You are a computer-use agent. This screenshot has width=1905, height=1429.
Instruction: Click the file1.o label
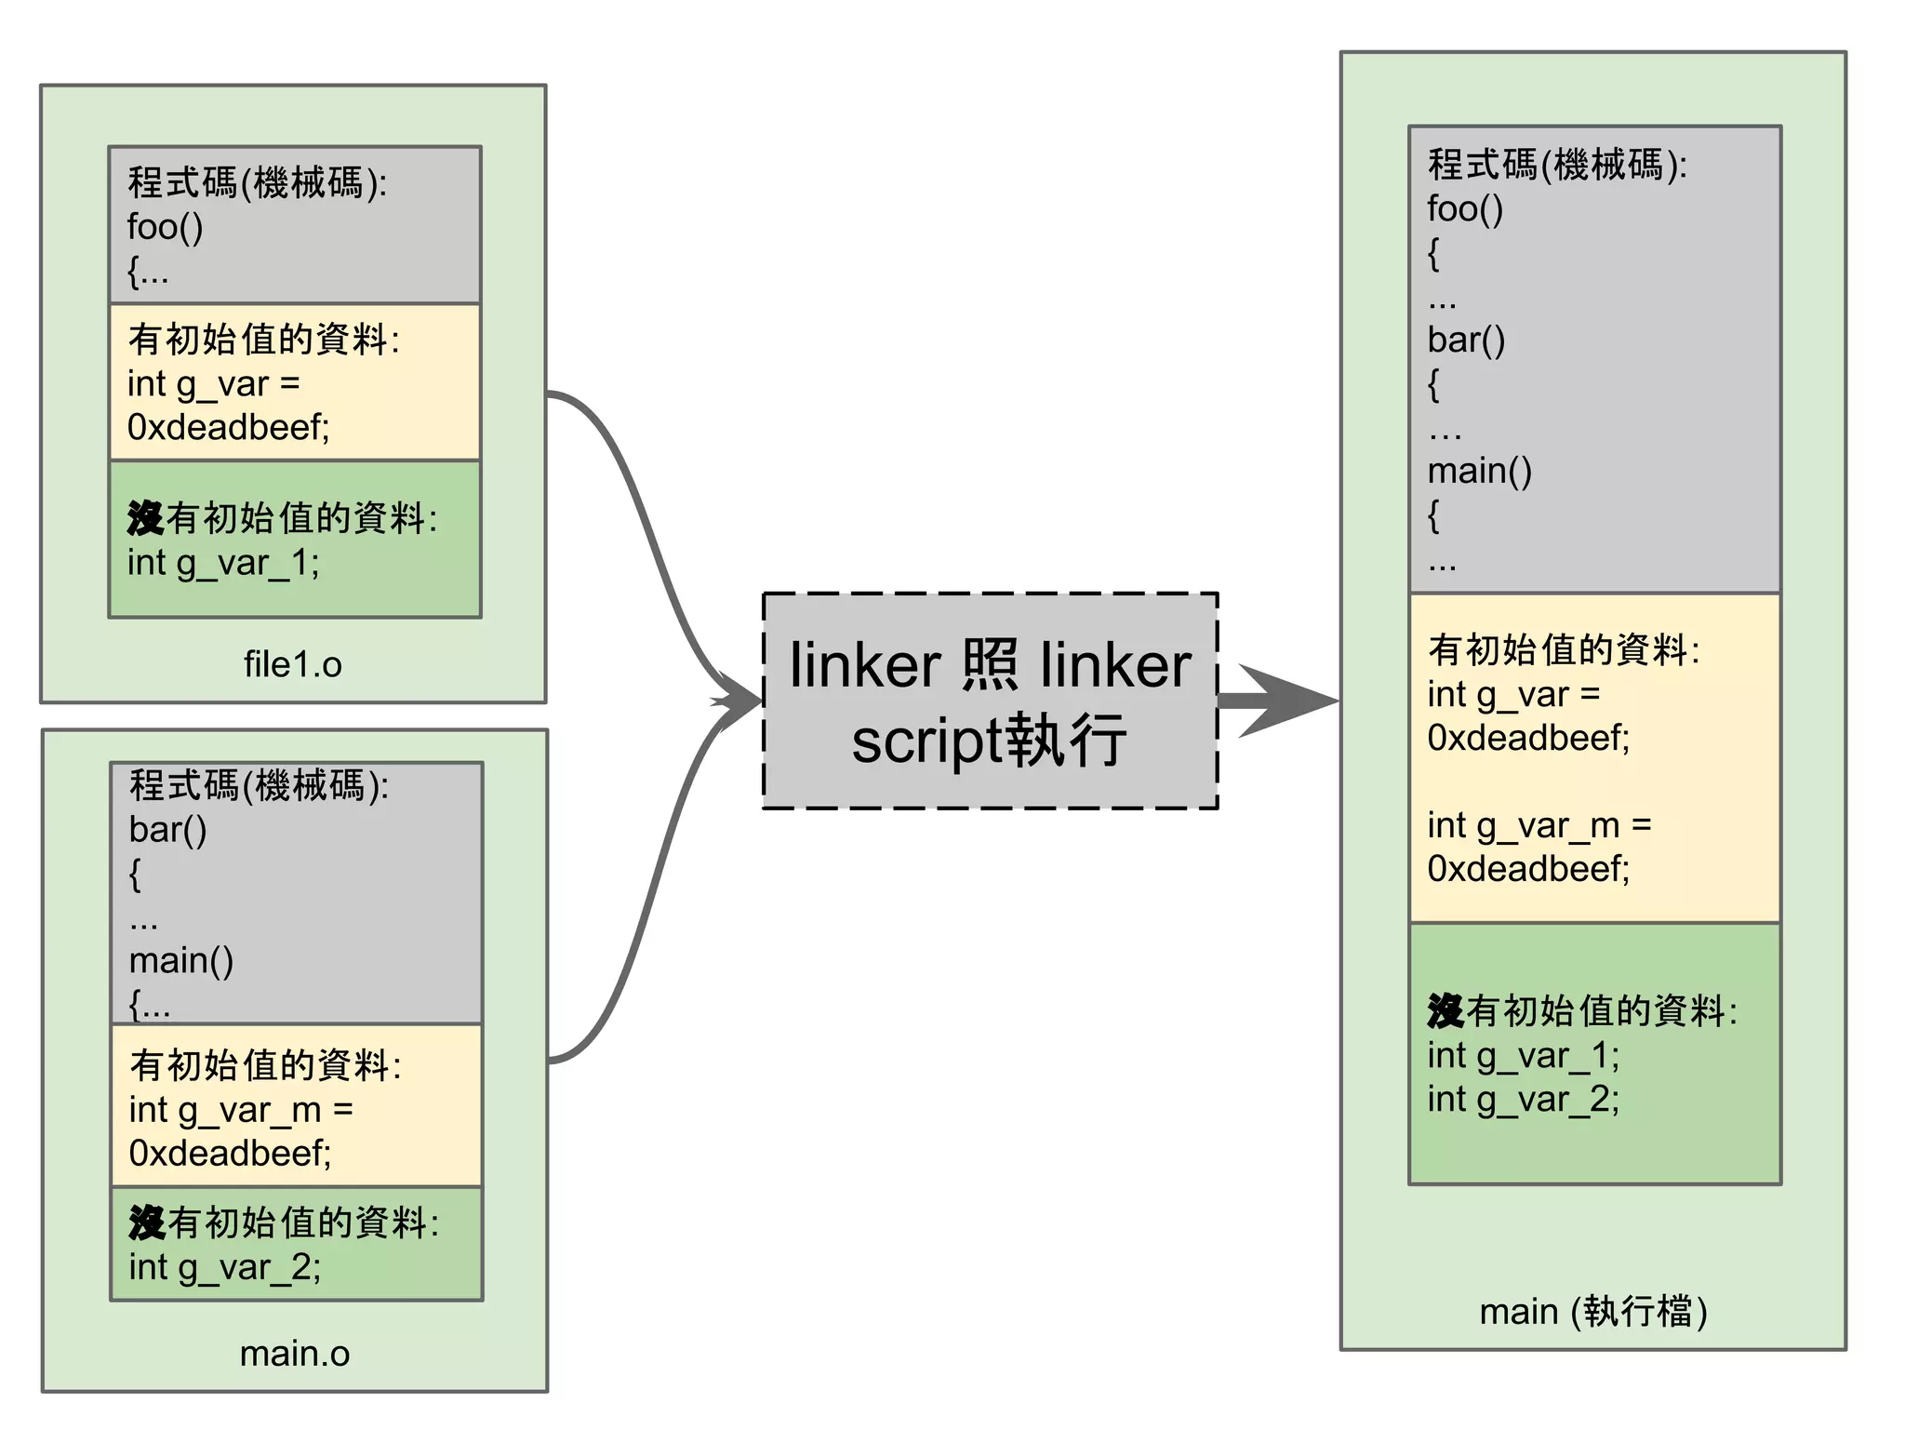(292, 664)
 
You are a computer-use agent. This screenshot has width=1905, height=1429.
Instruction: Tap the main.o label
(294, 1353)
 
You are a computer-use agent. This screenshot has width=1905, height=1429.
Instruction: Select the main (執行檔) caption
(1592, 1311)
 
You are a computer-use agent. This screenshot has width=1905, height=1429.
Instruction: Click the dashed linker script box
(990, 701)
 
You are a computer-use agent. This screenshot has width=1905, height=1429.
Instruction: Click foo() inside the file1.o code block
(165, 226)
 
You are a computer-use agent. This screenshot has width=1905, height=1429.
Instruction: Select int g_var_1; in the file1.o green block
(223, 563)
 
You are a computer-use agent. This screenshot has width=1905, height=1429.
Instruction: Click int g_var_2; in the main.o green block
(225, 1267)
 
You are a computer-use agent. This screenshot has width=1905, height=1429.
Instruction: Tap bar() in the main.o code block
(167, 829)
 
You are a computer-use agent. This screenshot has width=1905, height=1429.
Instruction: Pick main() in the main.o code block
(180, 959)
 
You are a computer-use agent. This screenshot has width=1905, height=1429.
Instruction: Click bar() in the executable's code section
(1466, 340)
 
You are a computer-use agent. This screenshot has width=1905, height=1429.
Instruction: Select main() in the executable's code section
(1479, 471)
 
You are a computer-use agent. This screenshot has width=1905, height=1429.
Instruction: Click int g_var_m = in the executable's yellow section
(1539, 825)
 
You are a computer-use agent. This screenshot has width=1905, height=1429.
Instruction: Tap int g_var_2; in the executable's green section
(1523, 1099)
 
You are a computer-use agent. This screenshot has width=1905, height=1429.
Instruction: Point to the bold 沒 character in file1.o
(145, 518)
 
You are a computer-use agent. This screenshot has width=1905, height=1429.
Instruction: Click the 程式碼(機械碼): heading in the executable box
(1557, 165)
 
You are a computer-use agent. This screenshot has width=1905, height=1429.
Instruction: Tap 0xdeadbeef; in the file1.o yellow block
(228, 427)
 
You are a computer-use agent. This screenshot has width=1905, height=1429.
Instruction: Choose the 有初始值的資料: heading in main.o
(265, 1065)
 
